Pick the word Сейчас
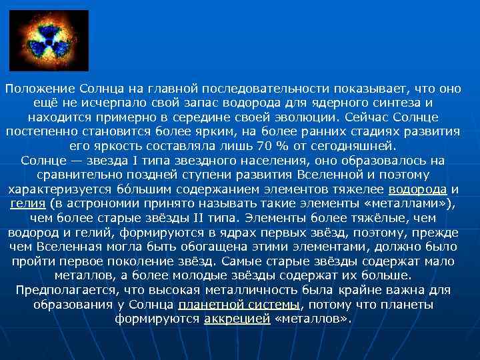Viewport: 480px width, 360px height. (367, 117)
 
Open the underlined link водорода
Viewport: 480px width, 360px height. (419, 189)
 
